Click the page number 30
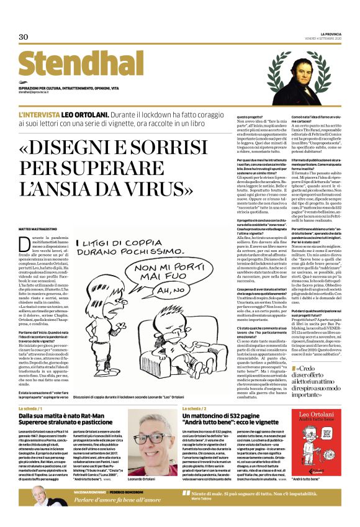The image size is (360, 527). coord(24,37)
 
